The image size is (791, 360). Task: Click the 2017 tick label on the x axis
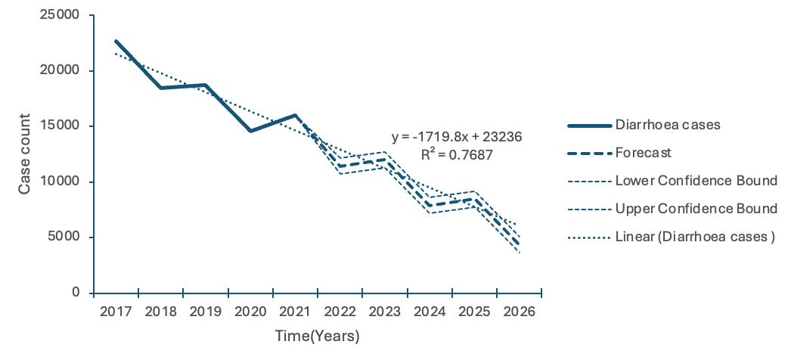point(116,312)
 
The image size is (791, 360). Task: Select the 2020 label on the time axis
point(250,312)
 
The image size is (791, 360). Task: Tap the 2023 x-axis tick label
point(385,312)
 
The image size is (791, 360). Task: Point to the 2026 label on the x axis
point(520,312)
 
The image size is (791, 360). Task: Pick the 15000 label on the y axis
point(59,126)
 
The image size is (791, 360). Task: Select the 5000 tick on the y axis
point(63,237)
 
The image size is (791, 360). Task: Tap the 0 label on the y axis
point(76,293)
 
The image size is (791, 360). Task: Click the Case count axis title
point(24,154)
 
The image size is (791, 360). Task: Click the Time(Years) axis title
point(317,335)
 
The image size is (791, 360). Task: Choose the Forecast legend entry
point(643,153)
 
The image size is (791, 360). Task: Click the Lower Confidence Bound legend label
point(696,181)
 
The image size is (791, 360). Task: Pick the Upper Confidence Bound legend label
point(696,209)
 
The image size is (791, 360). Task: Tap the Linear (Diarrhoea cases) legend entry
point(695,237)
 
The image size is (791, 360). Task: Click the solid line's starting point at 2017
point(116,41)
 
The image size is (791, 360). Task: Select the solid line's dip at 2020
point(250,131)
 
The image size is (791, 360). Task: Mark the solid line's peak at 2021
point(295,115)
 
